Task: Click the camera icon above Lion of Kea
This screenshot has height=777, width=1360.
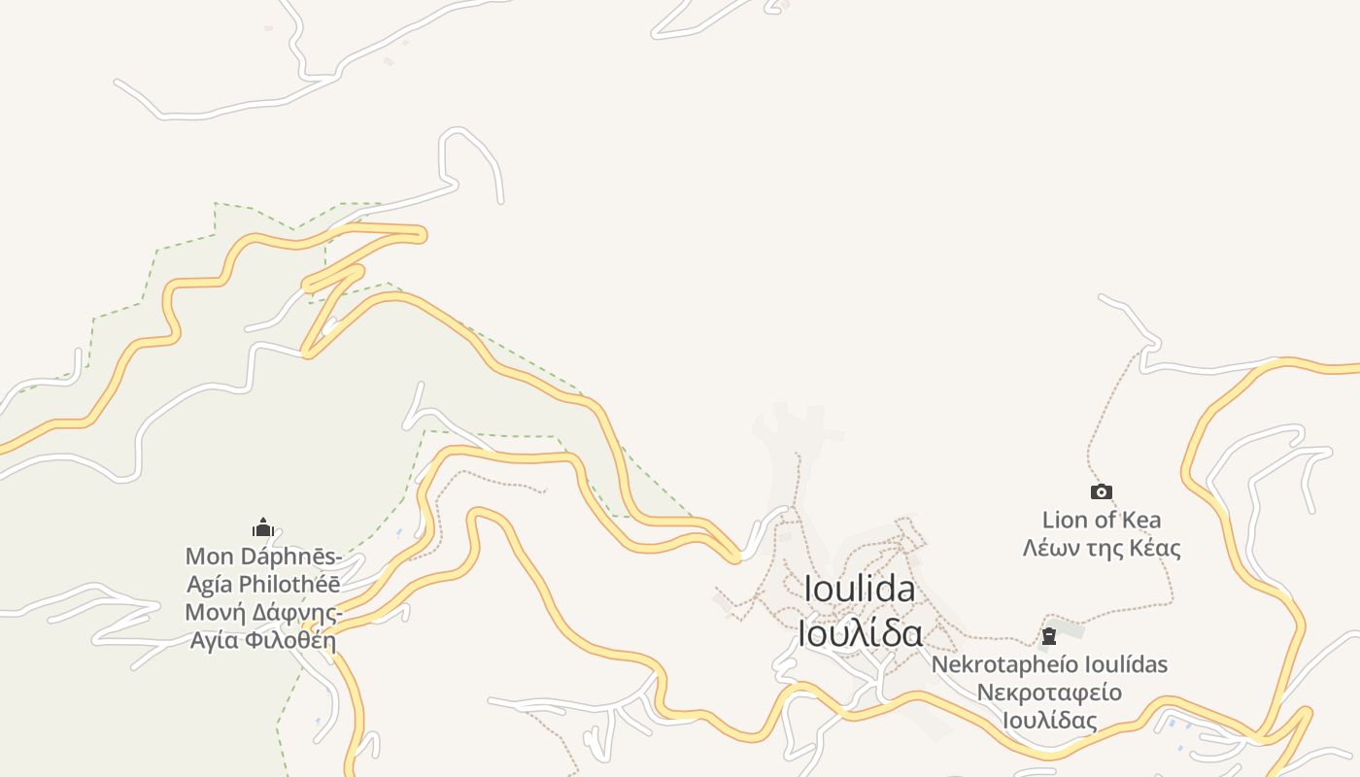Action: click(1101, 492)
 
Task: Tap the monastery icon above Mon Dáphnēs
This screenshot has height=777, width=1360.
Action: click(263, 528)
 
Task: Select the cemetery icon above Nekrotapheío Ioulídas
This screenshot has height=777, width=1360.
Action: click(1049, 637)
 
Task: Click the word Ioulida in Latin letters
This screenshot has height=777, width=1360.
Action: click(860, 590)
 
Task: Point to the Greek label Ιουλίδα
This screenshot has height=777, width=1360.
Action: click(860, 632)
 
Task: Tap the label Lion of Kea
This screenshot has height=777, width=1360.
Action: click(1101, 520)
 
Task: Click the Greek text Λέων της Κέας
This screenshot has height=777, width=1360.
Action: click(1101, 548)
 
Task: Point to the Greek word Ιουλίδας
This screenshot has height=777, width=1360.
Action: click(1049, 721)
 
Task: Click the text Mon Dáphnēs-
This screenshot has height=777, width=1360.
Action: click(263, 557)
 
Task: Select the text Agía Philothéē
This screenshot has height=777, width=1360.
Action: click(263, 585)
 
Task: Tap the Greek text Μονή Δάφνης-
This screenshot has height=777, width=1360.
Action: click(263, 613)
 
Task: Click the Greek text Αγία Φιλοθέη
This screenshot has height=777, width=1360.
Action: click(263, 640)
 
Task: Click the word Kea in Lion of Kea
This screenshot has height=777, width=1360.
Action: click(1141, 520)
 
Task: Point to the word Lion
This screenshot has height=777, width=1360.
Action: click(1065, 520)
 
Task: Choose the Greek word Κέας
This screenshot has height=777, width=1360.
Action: click(1155, 548)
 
